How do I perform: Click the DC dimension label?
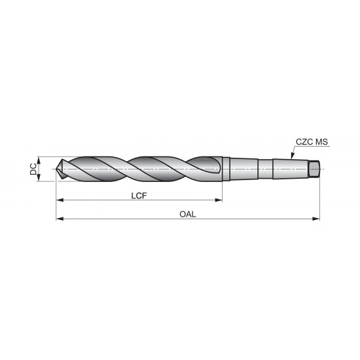[33, 169]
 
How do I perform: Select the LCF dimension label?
[138, 194]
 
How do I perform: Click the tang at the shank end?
[314, 169]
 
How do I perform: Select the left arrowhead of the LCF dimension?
[59, 200]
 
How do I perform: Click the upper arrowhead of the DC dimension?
[40, 160]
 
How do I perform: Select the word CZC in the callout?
[302, 142]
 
